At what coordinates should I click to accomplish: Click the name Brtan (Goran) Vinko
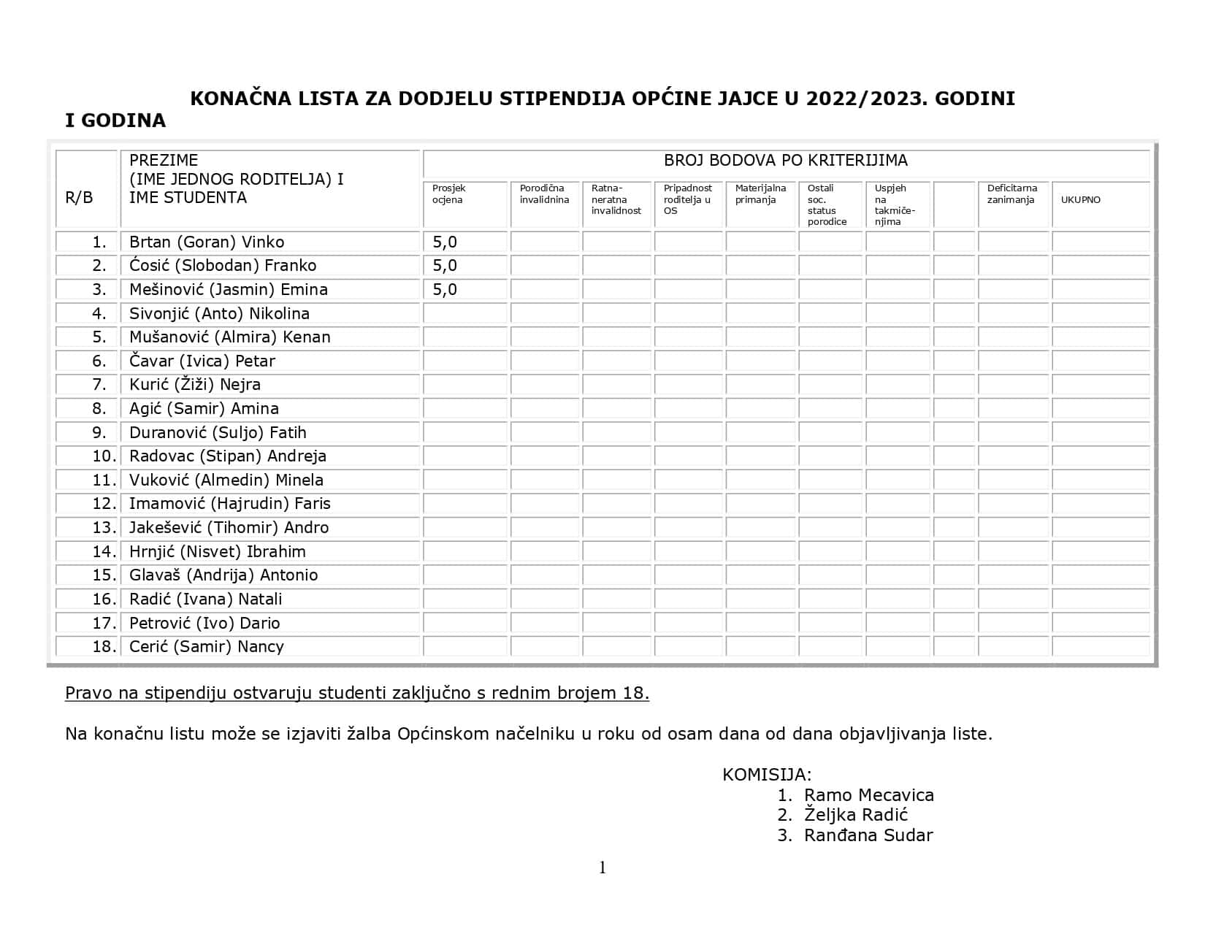(x=207, y=242)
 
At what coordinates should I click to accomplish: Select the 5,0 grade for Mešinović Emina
(x=445, y=289)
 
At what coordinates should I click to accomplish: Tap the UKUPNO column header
(x=1080, y=199)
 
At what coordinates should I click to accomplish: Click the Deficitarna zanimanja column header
(x=1011, y=194)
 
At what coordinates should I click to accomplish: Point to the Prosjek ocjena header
(x=448, y=194)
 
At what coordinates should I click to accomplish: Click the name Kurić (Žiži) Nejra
(x=195, y=384)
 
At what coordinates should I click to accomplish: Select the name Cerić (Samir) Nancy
(x=207, y=646)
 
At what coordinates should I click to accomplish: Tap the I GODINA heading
(x=115, y=120)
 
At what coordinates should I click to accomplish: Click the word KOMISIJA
(x=767, y=775)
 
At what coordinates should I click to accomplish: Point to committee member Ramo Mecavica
(x=868, y=795)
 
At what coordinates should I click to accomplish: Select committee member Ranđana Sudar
(x=868, y=835)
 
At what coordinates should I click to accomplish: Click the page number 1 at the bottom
(x=602, y=867)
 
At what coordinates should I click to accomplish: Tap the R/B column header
(x=80, y=197)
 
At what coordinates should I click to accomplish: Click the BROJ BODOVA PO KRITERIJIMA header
(x=785, y=160)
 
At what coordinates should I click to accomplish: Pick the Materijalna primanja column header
(x=760, y=194)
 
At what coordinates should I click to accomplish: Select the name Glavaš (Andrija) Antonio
(x=223, y=575)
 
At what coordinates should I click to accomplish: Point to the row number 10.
(x=104, y=456)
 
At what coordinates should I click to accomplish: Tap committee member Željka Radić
(x=855, y=815)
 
